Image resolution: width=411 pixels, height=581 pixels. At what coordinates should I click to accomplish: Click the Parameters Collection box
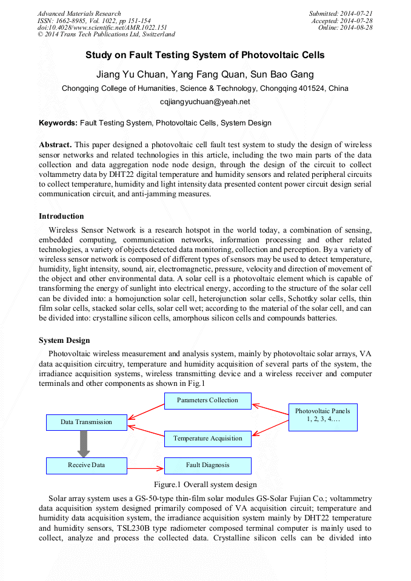207,400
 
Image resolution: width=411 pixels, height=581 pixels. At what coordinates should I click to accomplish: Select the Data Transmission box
87,422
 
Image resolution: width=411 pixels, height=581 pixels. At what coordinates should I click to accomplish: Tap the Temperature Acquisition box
207,439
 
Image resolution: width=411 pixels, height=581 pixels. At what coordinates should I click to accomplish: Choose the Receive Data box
87,465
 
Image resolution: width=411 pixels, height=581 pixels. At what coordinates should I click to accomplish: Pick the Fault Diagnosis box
207,465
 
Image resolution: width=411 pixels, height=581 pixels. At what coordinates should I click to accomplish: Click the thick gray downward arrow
84,444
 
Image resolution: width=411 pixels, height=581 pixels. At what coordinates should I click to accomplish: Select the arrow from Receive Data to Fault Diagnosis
145,468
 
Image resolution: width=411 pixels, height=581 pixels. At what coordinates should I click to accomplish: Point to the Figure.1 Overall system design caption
205,485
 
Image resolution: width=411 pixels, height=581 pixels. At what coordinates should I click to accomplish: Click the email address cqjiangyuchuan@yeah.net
205,102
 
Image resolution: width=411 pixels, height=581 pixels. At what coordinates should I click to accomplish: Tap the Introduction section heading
61,216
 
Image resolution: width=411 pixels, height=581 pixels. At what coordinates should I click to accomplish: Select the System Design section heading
64,340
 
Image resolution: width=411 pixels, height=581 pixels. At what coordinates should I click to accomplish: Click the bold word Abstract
55,145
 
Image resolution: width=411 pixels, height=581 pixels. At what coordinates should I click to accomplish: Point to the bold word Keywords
58,123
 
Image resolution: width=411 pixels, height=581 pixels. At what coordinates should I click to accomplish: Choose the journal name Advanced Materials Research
79,13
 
